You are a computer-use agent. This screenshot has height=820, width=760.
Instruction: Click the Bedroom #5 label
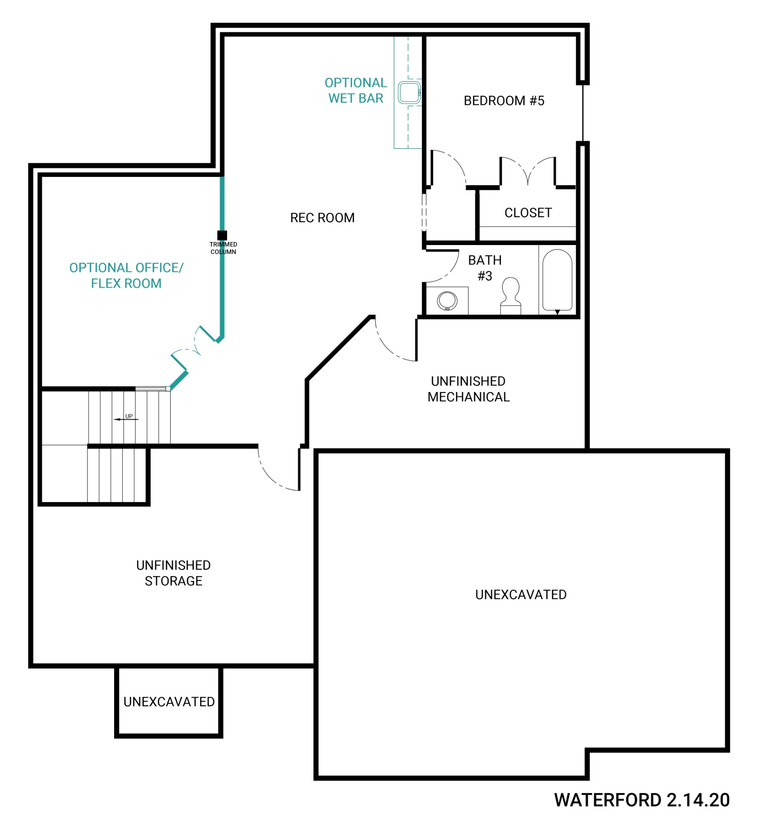click(504, 101)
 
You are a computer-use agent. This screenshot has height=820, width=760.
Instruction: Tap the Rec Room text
click(322, 217)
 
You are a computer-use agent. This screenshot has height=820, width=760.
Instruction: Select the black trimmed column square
click(222, 235)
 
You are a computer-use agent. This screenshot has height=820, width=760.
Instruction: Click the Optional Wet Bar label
click(356, 90)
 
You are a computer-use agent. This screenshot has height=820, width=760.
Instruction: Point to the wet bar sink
click(409, 92)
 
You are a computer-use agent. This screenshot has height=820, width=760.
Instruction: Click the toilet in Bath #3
click(511, 295)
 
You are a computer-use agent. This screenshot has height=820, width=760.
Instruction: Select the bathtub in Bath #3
click(557, 280)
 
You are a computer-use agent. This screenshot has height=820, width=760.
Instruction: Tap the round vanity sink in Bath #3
click(447, 301)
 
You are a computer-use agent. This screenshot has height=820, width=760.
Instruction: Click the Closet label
click(528, 213)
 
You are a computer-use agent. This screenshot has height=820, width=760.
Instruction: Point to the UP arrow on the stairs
click(126, 419)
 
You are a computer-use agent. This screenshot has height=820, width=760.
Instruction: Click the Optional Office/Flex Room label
click(126, 275)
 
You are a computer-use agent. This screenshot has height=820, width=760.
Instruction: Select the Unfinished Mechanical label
click(468, 389)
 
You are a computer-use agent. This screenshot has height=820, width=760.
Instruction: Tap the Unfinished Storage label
click(173, 573)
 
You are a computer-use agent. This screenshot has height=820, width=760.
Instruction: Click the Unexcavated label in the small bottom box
click(169, 701)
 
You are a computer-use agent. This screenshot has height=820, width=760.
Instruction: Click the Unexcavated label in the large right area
click(521, 595)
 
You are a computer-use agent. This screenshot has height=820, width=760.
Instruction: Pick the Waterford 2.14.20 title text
click(641, 800)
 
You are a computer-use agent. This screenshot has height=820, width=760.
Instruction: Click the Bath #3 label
click(485, 268)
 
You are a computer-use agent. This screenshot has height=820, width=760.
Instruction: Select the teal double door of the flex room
click(193, 348)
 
